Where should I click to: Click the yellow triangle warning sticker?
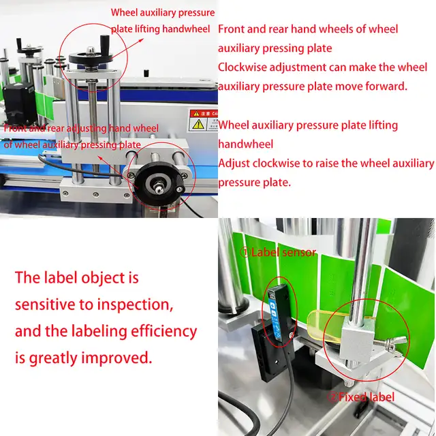198,124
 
